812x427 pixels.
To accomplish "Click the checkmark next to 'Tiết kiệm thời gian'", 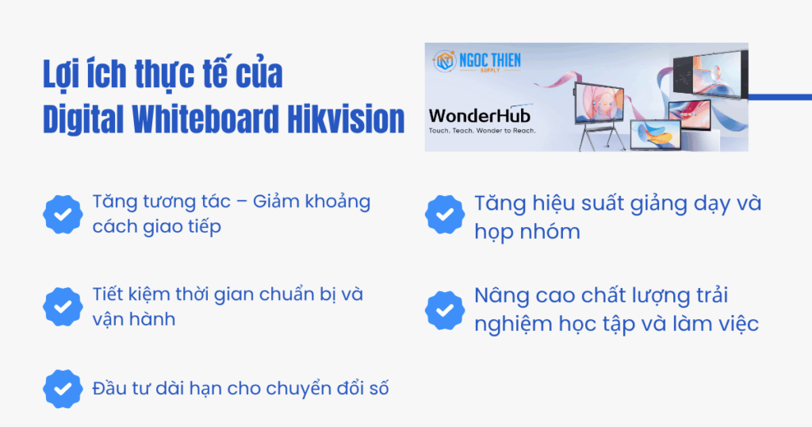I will tap(63, 306).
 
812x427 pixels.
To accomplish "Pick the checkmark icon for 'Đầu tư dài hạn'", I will tap(63, 389).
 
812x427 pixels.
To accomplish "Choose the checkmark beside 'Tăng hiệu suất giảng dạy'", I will tap(445, 215).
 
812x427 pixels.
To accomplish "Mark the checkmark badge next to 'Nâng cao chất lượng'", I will tap(445, 310).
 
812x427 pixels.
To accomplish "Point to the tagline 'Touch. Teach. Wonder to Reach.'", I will tap(482, 129).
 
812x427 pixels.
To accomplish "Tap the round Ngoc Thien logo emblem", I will tap(445, 61).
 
